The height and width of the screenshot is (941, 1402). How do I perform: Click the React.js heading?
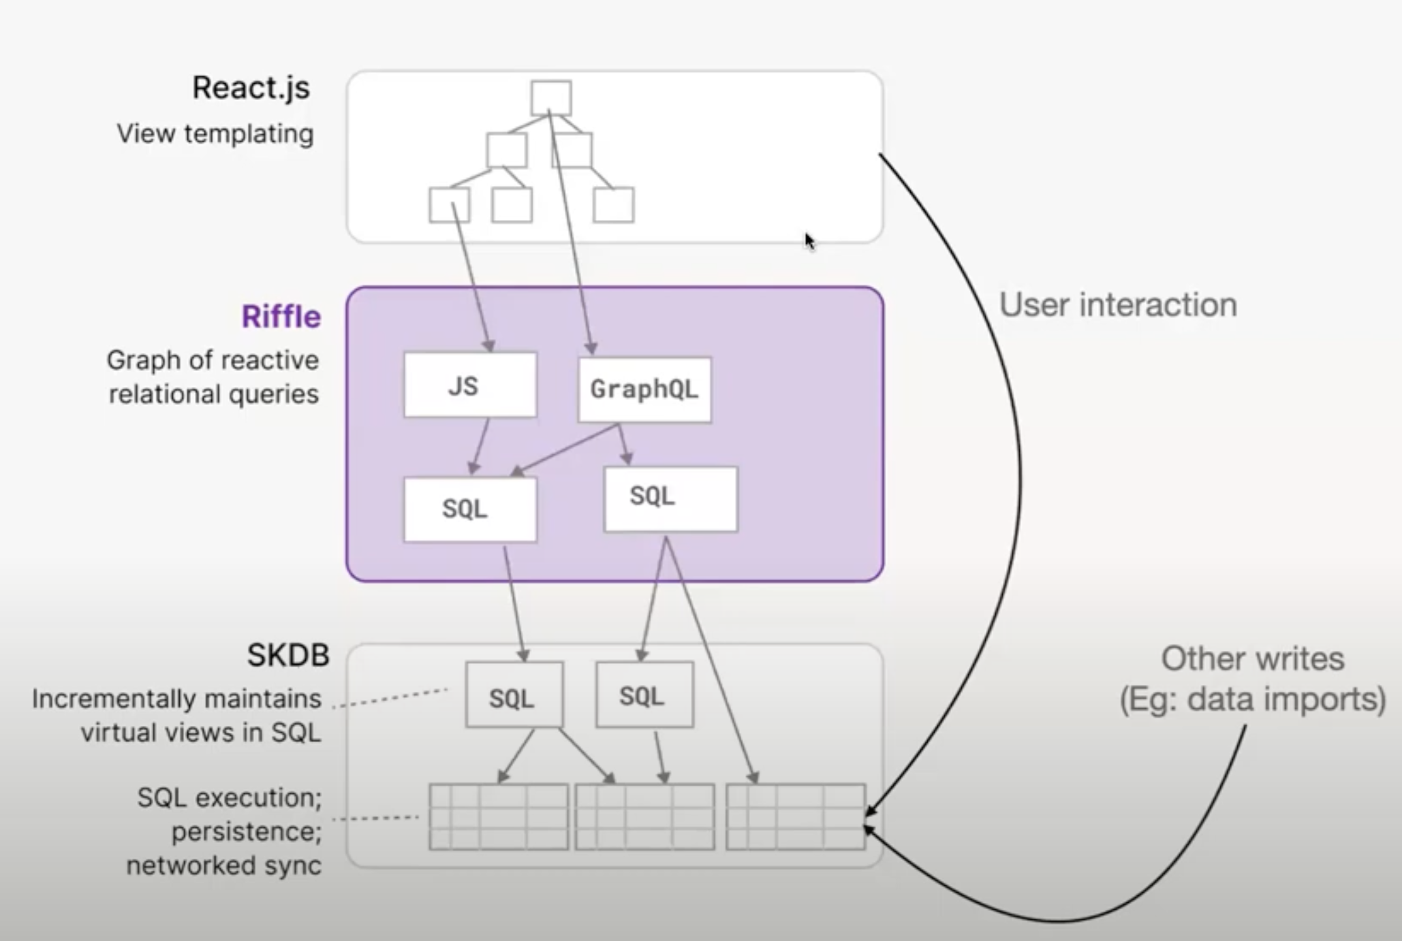coord(251,89)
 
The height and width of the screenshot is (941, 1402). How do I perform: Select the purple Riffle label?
coord(281,317)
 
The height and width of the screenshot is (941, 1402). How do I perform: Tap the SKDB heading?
coord(288,655)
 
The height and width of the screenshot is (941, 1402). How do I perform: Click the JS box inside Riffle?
coord(470,385)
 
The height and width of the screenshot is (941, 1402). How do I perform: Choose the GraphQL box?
coord(644,389)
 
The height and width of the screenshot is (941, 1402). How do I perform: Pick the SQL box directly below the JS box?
coord(470,509)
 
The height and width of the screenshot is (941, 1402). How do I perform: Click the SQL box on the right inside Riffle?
coord(670,498)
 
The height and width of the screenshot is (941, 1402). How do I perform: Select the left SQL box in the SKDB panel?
coord(514,695)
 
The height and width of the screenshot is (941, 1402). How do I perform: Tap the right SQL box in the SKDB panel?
coord(644,695)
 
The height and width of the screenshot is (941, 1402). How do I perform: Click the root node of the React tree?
coord(551,98)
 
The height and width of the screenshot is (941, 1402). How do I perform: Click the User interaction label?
coord(1118,305)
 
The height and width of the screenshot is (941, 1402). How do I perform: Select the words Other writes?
coord(1252,659)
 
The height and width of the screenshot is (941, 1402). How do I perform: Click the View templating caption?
coord(215,133)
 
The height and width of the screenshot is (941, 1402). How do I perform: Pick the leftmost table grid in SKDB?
coord(499,817)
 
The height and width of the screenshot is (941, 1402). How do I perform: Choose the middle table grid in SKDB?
coord(644,817)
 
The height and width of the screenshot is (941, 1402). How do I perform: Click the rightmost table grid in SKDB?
coord(796,817)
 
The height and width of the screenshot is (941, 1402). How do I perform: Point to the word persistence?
coord(246,832)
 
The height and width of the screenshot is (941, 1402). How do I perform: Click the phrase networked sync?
coord(223,866)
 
